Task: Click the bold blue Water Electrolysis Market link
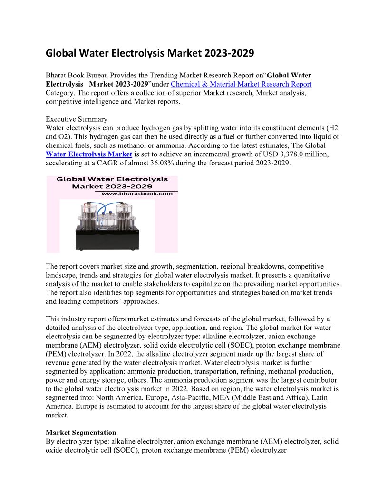pyautogui.click(x=89, y=154)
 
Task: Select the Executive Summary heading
pyautogui.click(x=76, y=119)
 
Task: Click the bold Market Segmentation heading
pyautogui.click(x=81, y=433)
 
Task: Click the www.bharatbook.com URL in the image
pyautogui.click(x=137, y=194)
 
